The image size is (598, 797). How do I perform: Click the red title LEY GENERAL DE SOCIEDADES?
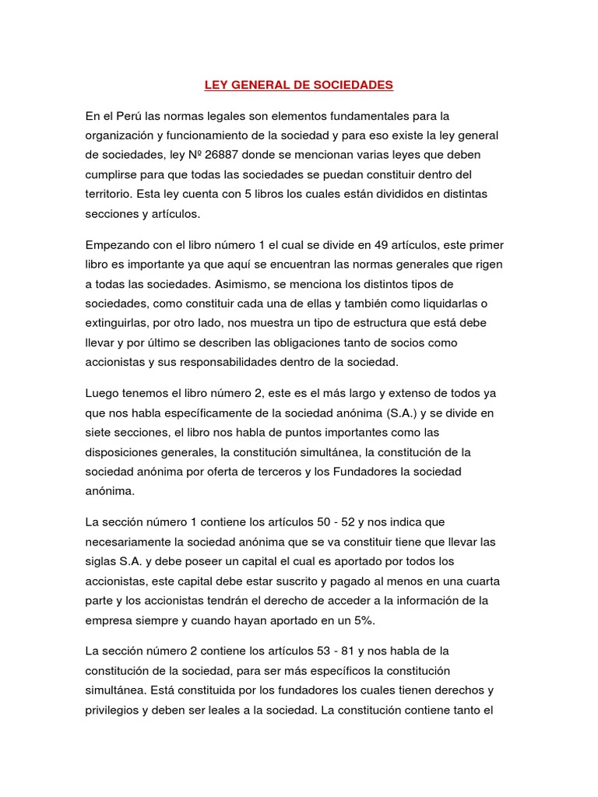point(298,84)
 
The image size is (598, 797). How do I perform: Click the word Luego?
point(103,395)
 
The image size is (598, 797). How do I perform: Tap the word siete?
point(100,433)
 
